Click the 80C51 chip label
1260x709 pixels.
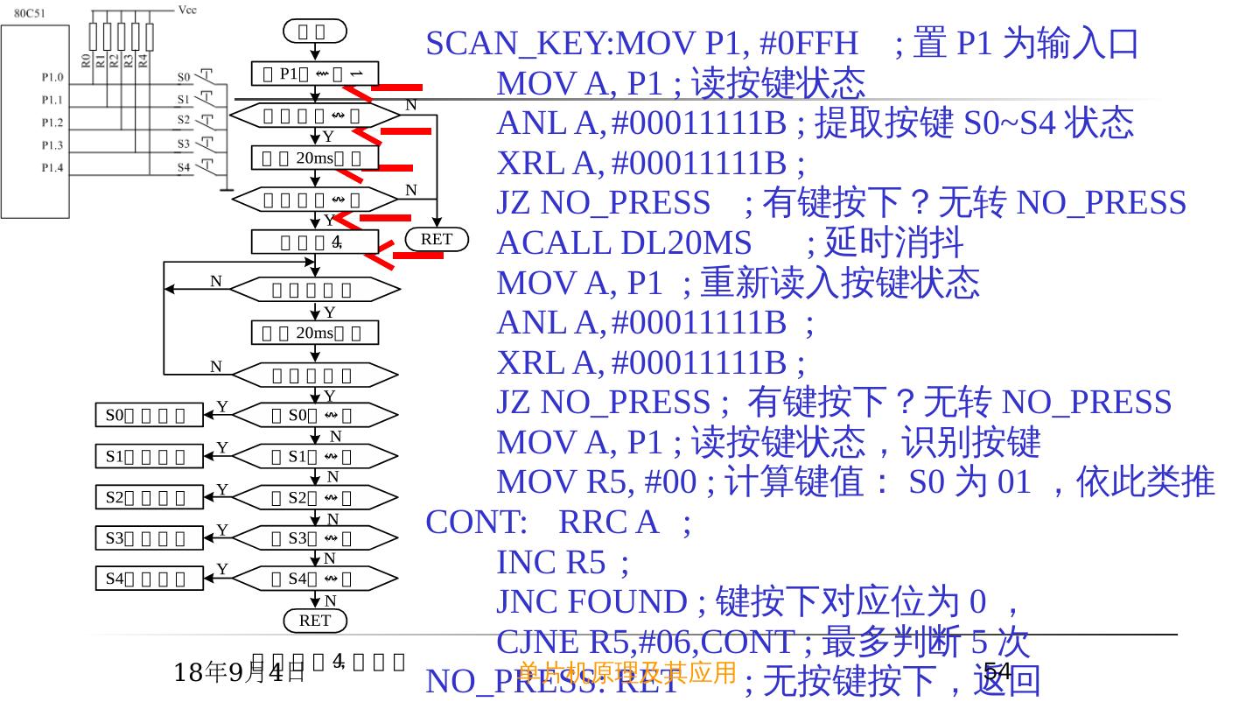[30, 13]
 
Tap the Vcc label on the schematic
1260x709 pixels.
[187, 10]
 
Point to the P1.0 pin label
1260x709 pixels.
[52, 77]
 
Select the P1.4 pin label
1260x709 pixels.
[52, 167]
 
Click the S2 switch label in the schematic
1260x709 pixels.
[184, 120]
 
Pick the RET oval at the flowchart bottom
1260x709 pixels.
[315, 621]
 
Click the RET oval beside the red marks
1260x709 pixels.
[437, 239]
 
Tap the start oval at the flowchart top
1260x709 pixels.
[314, 32]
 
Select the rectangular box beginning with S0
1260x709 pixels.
[149, 415]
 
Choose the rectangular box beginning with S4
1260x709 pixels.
[149, 578]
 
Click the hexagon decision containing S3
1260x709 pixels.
[315, 537]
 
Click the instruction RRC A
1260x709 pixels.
[607, 522]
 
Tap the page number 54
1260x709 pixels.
[997, 671]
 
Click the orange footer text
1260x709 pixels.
[627, 672]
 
